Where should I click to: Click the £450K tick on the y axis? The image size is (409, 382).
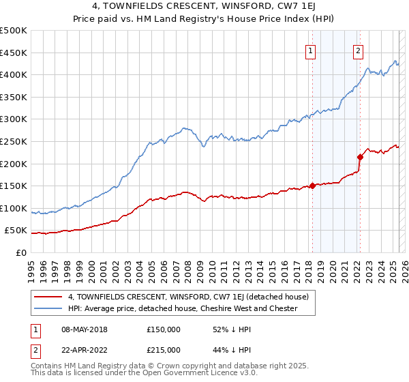point(13,53)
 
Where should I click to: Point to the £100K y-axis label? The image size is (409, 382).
point(13,208)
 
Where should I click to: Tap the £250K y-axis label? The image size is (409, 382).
point(13,141)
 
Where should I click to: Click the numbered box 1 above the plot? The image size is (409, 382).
point(311,50)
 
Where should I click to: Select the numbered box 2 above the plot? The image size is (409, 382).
point(359,50)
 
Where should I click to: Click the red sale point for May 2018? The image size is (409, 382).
point(312,185)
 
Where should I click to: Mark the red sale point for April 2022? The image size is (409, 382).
point(360,156)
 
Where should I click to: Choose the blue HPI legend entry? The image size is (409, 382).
point(183,308)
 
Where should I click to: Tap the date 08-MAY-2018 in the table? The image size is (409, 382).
point(85,329)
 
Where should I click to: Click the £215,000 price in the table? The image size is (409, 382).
point(164,349)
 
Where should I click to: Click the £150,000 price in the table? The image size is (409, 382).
point(164,329)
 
